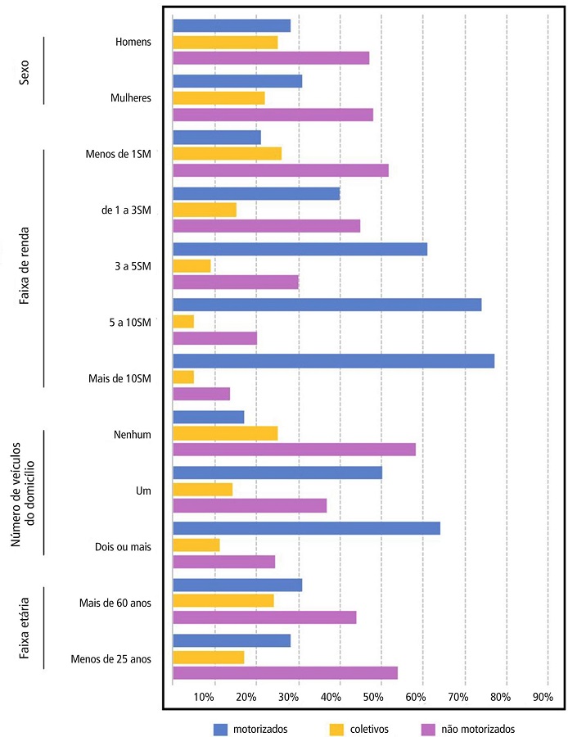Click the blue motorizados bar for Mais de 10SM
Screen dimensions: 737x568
[333, 361]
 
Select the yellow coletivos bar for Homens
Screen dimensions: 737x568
[225, 42]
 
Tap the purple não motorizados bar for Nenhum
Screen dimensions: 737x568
[294, 450]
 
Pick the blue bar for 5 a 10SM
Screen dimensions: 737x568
[327, 305]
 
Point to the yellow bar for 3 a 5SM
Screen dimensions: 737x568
[192, 265]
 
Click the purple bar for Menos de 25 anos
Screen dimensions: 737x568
[285, 673]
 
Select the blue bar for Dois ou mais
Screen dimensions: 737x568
[306, 528]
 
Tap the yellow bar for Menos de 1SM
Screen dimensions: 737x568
[227, 154]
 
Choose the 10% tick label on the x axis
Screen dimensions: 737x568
[205, 697]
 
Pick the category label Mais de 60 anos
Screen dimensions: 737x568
[116, 603]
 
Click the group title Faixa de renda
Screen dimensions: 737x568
[25, 266]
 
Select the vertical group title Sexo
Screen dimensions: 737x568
[25, 70]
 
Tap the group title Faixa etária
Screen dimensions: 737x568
[25, 627]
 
